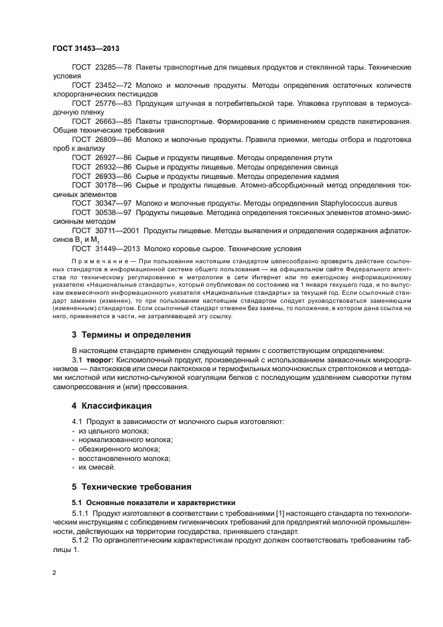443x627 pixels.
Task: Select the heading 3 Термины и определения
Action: point(131,334)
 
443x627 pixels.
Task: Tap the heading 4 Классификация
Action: point(111,405)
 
